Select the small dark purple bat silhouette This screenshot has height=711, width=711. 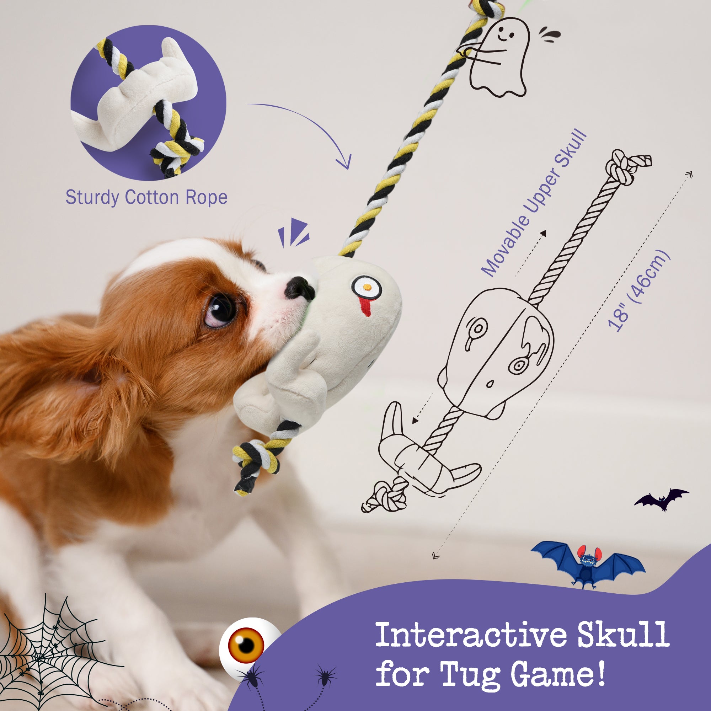pos(661,499)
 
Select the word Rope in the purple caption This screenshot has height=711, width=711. pos(207,198)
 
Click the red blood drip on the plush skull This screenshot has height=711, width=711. pos(365,307)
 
